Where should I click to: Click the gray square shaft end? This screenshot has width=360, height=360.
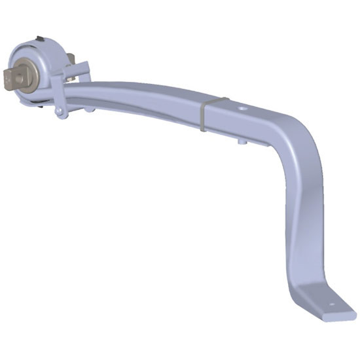[14, 79]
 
